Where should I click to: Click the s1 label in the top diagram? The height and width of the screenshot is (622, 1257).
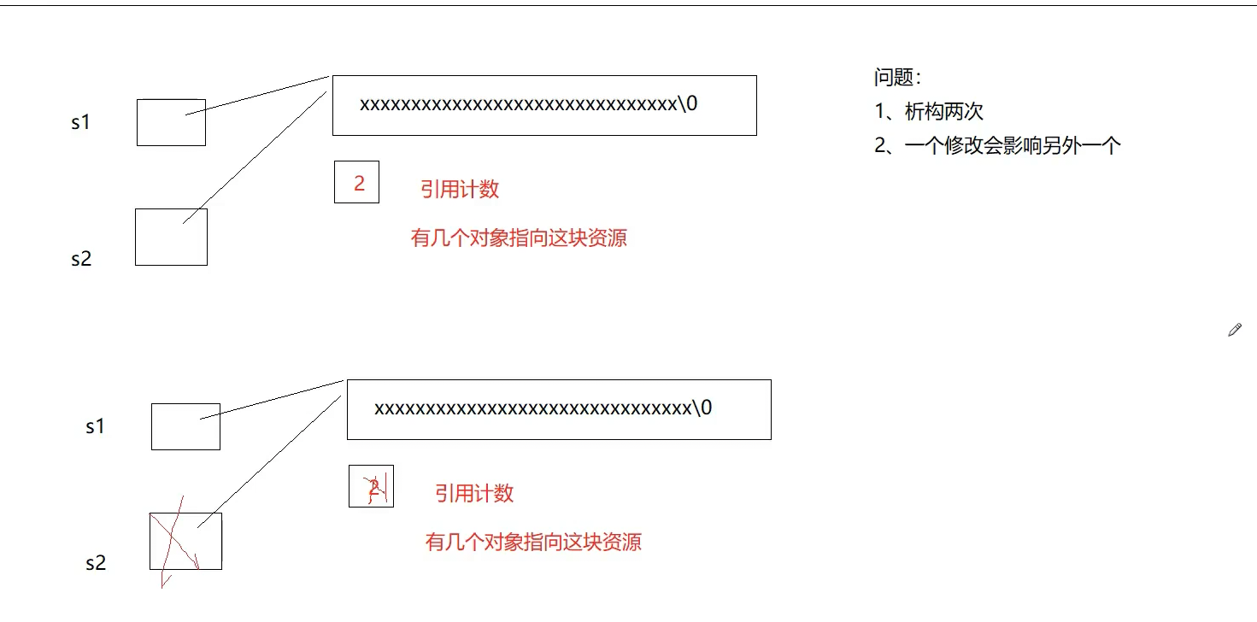click(80, 122)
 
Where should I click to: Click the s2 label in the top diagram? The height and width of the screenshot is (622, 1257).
click(81, 259)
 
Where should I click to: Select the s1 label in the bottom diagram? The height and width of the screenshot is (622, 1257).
click(95, 426)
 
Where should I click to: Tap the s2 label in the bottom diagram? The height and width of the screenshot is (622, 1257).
click(96, 563)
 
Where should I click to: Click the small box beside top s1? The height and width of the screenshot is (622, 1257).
click(171, 122)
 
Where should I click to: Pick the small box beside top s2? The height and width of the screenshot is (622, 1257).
click(171, 237)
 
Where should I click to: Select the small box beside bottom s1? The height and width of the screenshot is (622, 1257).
click(185, 426)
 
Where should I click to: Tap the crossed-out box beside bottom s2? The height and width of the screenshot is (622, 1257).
click(185, 541)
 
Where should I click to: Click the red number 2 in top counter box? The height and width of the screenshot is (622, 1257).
click(359, 183)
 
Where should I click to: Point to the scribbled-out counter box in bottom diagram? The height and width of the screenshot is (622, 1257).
click(371, 487)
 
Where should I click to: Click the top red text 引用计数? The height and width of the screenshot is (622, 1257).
click(460, 189)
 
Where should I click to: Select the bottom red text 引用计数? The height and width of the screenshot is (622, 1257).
click(474, 493)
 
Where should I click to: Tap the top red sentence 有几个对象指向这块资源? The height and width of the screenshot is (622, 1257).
click(519, 238)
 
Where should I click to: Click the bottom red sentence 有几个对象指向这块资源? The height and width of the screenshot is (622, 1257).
click(533, 542)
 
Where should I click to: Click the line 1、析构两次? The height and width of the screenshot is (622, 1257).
click(929, 112)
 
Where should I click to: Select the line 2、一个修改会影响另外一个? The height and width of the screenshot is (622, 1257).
click(997, 145)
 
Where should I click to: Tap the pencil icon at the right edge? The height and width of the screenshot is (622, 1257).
click(1234, 330)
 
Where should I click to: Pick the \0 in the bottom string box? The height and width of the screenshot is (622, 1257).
click(702, 408)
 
